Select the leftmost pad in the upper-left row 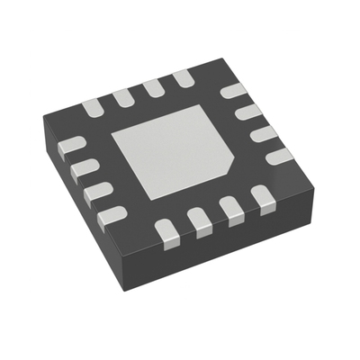[94, 109]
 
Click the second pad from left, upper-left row [122, 96]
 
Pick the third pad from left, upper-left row [154, 86]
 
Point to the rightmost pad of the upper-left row [184, 77]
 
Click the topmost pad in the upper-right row [233, 91]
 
